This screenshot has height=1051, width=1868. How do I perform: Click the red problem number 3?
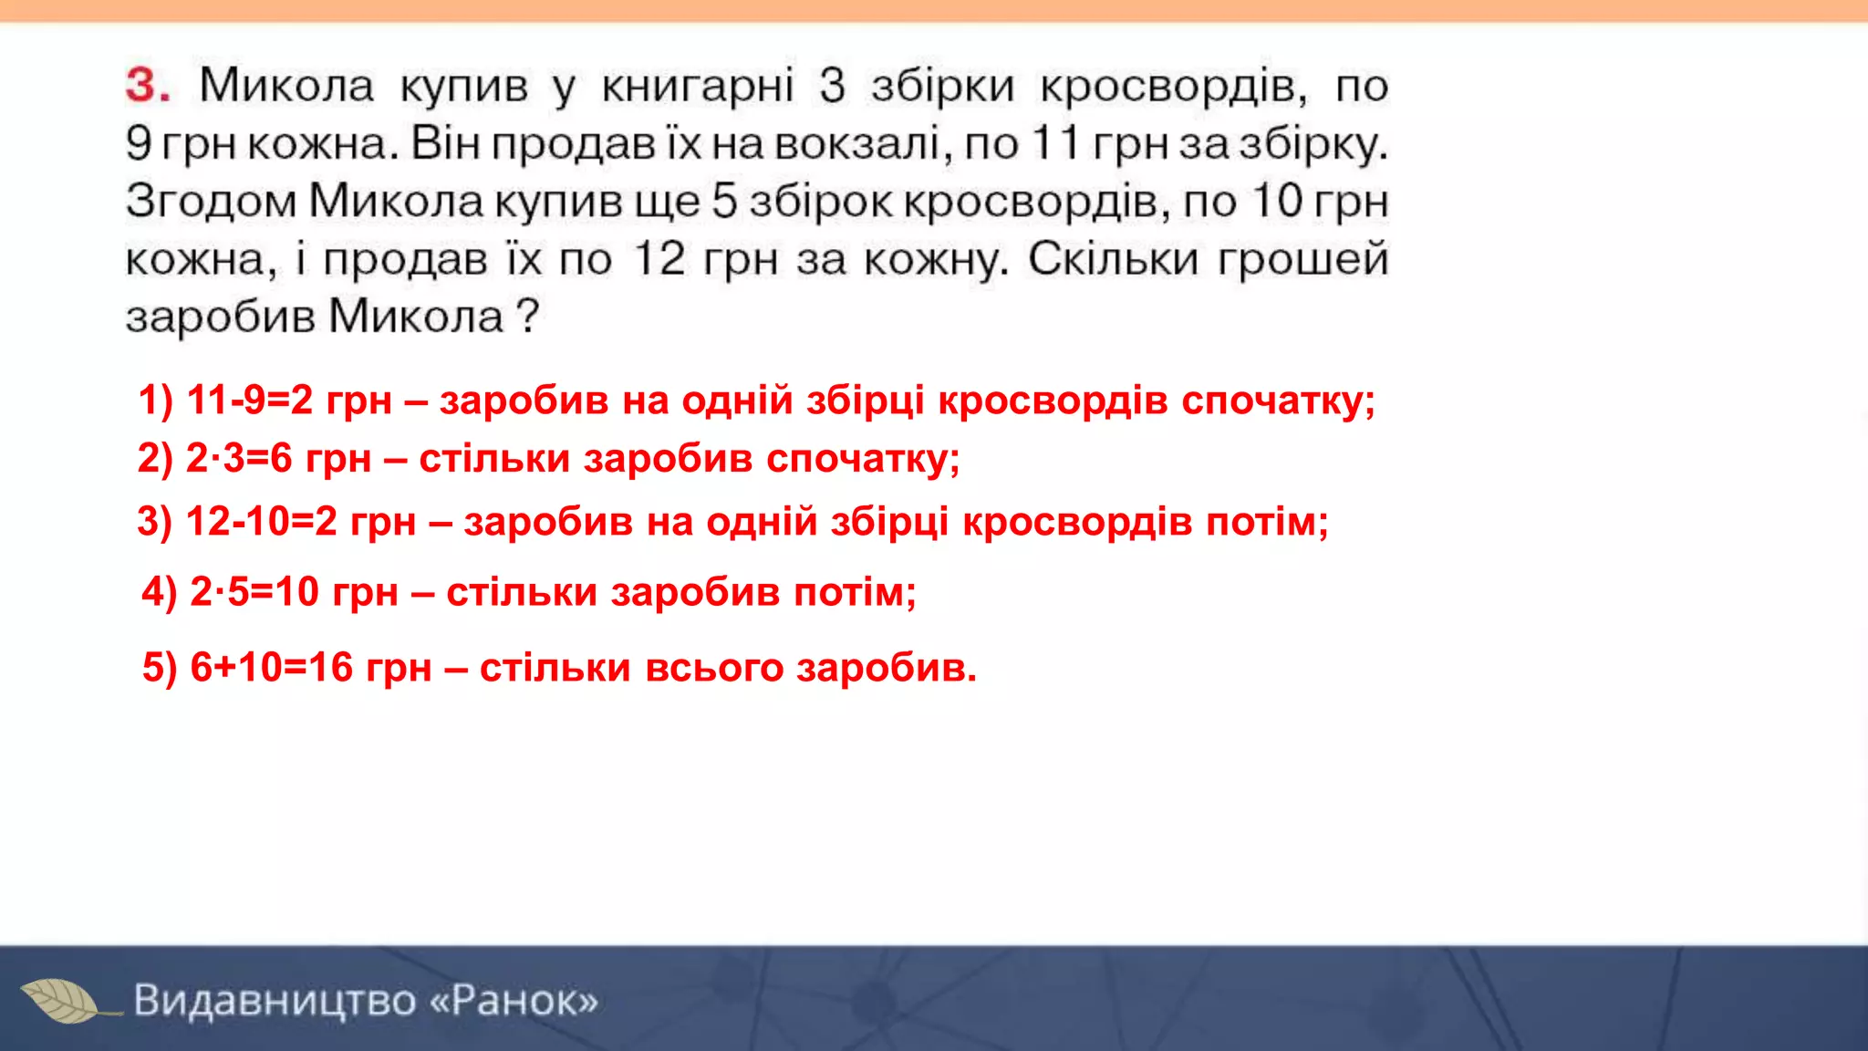point(147,85)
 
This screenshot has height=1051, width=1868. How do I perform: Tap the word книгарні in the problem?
point(698,87)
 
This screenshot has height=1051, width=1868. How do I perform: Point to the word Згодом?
point(211,203)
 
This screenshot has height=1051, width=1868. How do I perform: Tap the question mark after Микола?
point(527,317)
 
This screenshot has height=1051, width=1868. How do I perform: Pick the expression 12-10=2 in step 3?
point(261,522)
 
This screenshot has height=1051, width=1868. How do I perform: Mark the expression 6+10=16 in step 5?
point(271,668)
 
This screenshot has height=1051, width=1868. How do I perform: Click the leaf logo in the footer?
point(62,1000)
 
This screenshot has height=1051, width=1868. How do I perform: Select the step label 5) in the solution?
point(160,668)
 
